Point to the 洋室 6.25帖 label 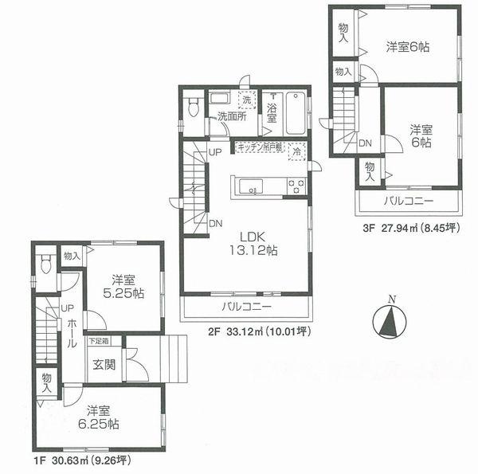(x=102, y=418)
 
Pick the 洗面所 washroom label (x=232, y=116)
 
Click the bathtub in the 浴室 (x=294, y=116)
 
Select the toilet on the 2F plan (x=191, y=108)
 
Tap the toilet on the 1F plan (x=47, y=264)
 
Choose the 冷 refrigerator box (x=296, y=151)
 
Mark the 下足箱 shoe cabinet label (x=99, y=341)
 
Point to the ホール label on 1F (x=72, y=333)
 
